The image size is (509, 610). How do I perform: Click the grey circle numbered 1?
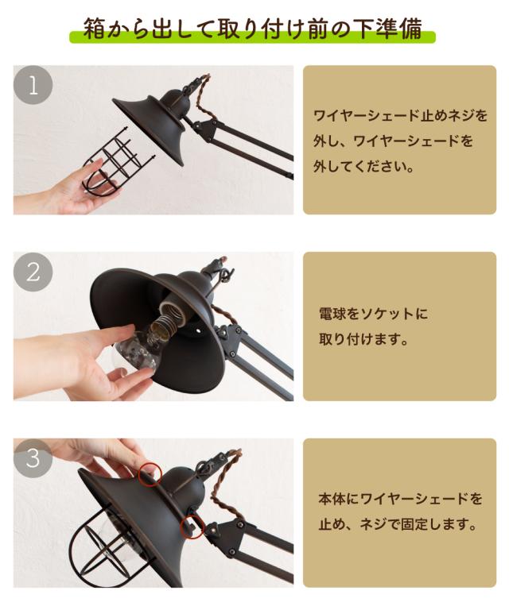click(x=33, y=85)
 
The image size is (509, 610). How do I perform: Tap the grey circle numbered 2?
click(x=33, y=272)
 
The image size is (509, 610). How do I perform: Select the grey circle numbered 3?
click(x=33, y=457)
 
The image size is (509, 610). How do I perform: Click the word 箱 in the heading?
click(x=95, y=28)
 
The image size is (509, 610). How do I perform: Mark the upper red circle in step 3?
click(x=150, y=475)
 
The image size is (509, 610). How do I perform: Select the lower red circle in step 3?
click(x=192, y=527)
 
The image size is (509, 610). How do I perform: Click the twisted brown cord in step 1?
click(x=203, y=98)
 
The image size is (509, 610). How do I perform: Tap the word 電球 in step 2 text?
click(x=332, y=314)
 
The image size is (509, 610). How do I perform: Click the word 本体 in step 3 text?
click(x=332, y=499)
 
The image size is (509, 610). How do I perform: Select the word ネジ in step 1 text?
click(x=447, y=115)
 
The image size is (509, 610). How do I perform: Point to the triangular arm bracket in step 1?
click(x=205, y=129)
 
